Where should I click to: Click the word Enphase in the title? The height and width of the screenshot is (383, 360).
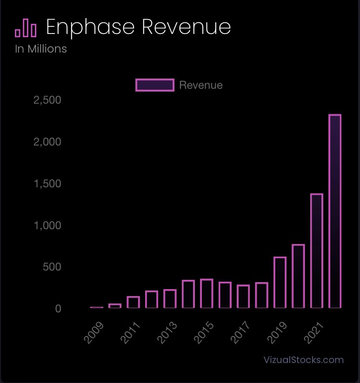(91, 28)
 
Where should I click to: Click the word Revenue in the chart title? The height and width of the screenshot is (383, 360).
(186, 28)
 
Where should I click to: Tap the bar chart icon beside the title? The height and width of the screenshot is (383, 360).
(26, 28)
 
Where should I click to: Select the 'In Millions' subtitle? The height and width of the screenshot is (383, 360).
(41, 48)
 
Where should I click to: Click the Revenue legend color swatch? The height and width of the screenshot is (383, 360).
(155, 85)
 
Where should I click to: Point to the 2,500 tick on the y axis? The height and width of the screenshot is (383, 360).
(47, 100)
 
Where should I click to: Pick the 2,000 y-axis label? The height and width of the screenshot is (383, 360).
(47, 142)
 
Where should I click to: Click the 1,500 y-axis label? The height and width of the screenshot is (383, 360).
(47, 184)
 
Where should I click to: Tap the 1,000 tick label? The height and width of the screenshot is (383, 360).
(47, 225)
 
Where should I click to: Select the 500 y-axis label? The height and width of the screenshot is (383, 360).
(52, 267)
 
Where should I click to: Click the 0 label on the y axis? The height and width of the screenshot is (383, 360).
(58, 309)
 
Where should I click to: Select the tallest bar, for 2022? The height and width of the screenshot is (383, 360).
(335, 211)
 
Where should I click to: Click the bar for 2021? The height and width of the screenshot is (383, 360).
(317, 251)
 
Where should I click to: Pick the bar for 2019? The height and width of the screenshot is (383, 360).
(280, 282)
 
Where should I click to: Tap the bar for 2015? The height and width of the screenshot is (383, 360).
(207, 293)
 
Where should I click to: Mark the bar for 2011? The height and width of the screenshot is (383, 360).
(133, 302)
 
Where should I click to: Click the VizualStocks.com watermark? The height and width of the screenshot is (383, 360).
(303, 360)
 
